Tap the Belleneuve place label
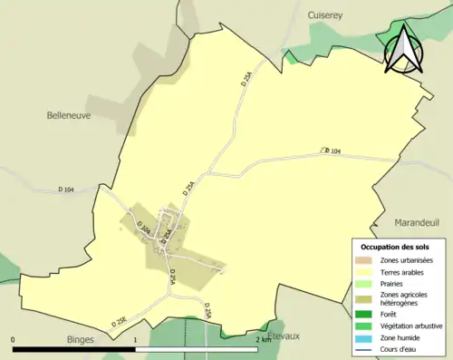pos(69,115)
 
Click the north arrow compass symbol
pos(403,50)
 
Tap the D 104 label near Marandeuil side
pos(333,151)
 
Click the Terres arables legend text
pos(405,271)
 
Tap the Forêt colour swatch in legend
pos(364,313)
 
